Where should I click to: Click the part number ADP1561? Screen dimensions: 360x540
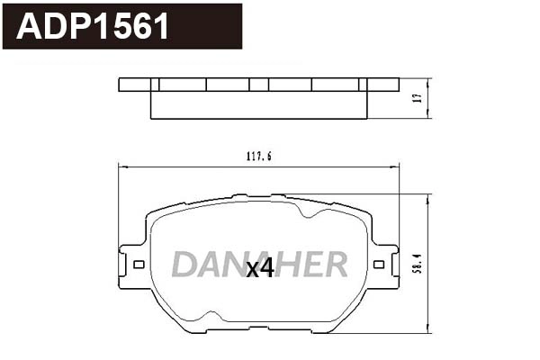click(94, 27)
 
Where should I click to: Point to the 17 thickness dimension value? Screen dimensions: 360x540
click(417, 97)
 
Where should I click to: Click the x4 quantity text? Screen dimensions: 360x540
click(260, 268)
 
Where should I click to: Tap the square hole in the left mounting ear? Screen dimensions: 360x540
click(138, 265)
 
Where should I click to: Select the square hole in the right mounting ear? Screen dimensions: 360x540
click(379, 265)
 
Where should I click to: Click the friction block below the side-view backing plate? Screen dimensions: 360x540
click(258, 104)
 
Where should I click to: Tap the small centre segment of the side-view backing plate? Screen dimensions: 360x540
click(259, 85)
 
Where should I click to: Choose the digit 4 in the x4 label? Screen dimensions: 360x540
click(265, 268)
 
